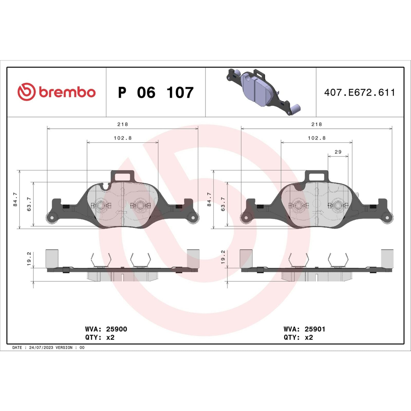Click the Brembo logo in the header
tap(57, 92)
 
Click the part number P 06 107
tap(155, 92)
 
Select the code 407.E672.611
tap(359, 92)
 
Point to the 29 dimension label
tap(338, 152)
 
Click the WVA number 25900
tap(117, 329)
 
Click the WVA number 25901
tap(315, 329)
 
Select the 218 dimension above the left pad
tap(123, 124)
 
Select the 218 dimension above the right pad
tap(316, 124)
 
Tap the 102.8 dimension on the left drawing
tap(123, 138)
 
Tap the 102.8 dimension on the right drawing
tap(316, 138)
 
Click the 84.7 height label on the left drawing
tap(15, 199)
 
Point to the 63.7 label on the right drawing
tap(223, 204)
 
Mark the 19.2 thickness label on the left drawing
tap(29, 259)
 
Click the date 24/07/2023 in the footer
tap(41, 348)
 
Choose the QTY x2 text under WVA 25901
tap(298, 338)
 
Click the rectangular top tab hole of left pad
tap(123, 176)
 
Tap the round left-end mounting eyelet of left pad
tap(52, 218)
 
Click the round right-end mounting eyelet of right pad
tap(387, 218)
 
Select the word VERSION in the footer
tap(64, 348)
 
